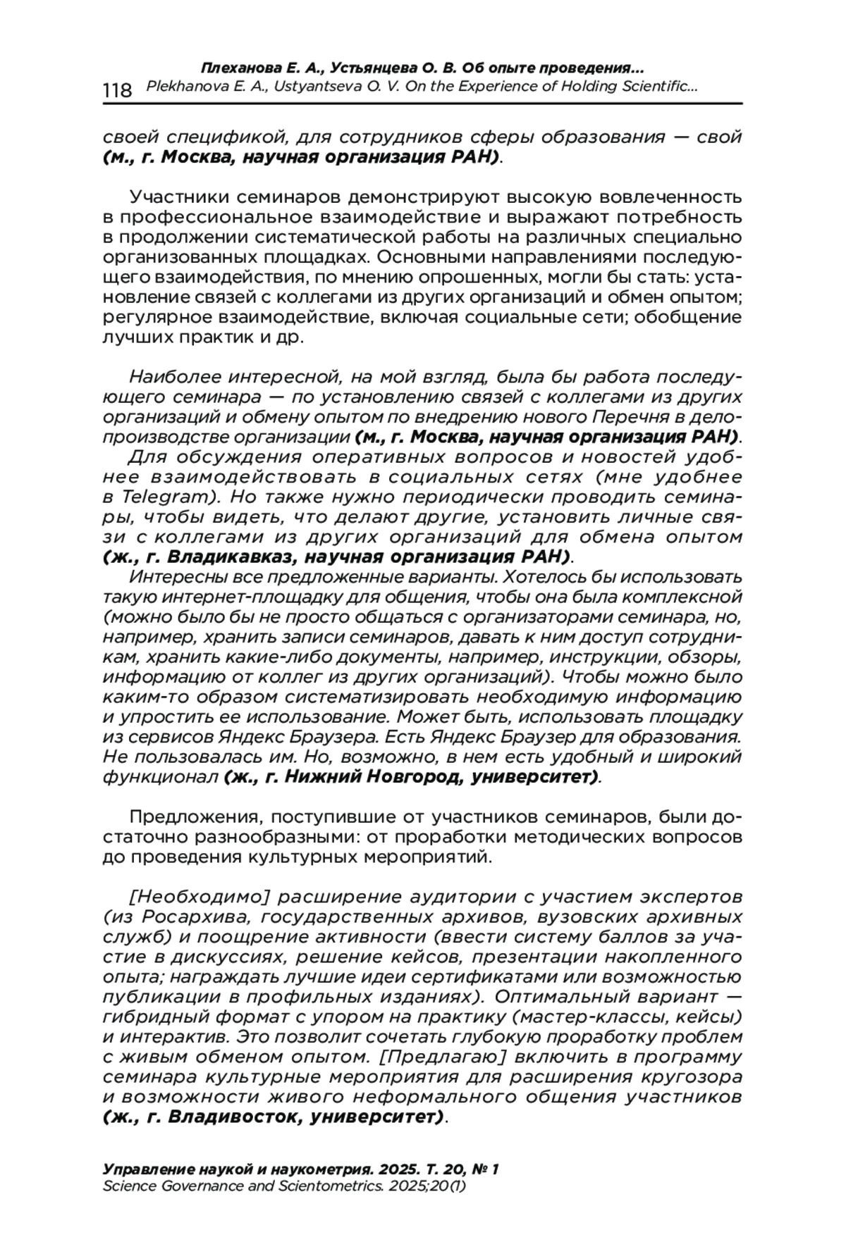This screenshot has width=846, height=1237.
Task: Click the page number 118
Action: [117, 90]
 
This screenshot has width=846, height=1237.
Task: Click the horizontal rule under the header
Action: [423, 104]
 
